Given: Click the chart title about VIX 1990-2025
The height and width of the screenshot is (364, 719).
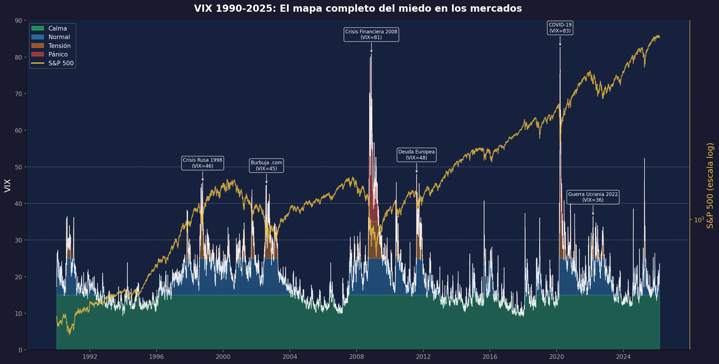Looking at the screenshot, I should point(358,9).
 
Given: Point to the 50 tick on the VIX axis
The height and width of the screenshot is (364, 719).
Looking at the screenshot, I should point(19,167).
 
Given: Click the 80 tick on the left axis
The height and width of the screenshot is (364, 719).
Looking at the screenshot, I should point(19,57).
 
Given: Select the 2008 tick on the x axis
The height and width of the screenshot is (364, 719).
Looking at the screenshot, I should point(356,357).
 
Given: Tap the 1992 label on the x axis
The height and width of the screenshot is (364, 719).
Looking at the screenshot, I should point(90,357).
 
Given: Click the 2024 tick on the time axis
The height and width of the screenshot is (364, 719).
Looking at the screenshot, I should point(623,357).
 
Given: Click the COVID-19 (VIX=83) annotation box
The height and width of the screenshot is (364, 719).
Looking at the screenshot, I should point(560,28).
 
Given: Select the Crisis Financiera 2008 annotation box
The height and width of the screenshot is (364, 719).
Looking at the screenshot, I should point(371,35).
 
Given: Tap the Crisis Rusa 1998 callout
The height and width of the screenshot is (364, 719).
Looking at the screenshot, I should point(202,163).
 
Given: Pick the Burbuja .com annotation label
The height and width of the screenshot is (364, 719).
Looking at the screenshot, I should point(266,165).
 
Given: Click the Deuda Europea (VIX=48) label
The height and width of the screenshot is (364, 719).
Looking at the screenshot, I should point(416,155).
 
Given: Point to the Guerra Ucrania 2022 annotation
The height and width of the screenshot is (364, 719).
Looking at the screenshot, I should point(593,197).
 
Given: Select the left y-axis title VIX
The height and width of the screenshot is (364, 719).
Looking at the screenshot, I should point(8,185).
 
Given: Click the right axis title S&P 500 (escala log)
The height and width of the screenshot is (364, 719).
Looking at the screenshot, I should point(710,185).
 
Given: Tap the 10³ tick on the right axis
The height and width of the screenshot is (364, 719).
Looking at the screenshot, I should point(699,220).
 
